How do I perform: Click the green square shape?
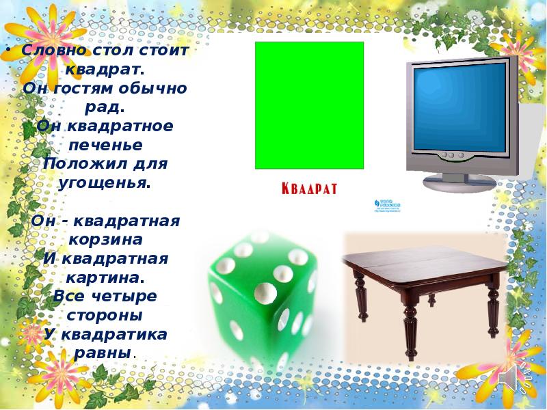[x=309, y=105]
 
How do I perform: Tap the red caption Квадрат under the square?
[x=310, y=189]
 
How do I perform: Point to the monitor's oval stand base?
[x=459, y=182]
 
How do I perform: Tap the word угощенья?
[x=104, y=183]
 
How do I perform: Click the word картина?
[x=105, y=278]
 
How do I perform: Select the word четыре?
[x=123, y=297]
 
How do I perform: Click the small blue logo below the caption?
[x=387, y=204]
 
